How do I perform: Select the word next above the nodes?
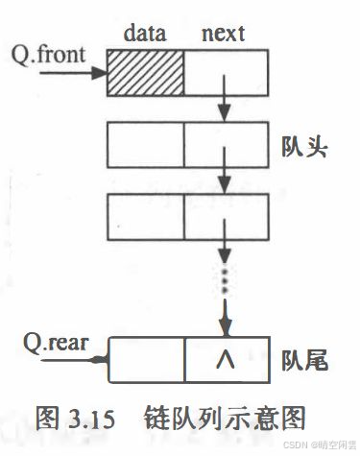tap(222, 34)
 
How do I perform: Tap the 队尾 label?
tap(305, 363)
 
